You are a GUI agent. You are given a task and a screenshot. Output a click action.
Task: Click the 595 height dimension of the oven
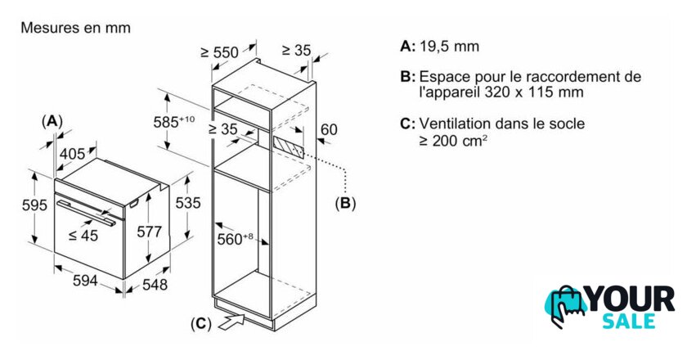[34, 205]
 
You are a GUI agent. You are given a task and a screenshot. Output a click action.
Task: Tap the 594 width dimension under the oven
[85, 280]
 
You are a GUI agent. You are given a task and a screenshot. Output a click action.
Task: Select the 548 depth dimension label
[155, 285]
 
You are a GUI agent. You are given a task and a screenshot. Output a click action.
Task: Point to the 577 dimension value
[150, 232]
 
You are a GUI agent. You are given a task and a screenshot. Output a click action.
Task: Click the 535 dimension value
[188, 203]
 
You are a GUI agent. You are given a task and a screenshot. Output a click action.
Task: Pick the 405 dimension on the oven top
[72, 154]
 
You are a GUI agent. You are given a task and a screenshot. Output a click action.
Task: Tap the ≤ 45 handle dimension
[83, 236]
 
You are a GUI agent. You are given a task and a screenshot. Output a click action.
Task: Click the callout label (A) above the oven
[52, 121]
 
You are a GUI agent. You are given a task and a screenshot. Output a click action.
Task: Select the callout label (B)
[345, 203]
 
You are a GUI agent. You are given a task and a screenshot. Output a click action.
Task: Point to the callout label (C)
[201, 324]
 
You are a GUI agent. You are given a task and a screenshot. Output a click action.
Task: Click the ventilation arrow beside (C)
[231, 322]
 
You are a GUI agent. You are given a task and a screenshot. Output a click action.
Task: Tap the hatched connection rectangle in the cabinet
[288, 146]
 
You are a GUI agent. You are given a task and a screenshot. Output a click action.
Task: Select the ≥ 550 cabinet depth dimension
[219, 52]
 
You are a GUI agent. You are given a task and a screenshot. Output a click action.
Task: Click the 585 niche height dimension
[174, 121]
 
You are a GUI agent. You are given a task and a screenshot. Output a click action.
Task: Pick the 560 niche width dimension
[236, 239]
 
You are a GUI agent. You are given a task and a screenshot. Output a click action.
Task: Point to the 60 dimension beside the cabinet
[329, 129]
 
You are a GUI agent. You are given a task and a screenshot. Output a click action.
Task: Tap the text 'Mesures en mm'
[75, 28]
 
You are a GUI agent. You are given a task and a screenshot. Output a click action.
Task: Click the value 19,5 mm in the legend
[450, 47]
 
